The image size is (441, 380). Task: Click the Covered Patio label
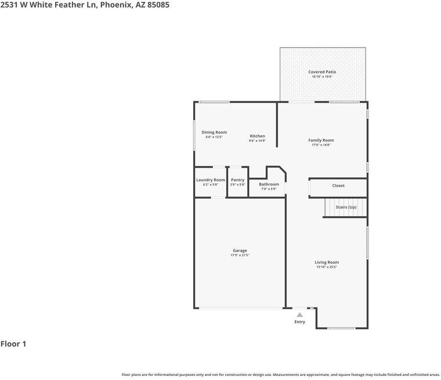[x=322, y=72]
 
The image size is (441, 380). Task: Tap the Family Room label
[x=321, y=140]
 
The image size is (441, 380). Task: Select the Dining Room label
[x=214, y=132]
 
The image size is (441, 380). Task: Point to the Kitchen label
[x=257, y=136]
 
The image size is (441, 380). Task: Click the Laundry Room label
[x=210, y=180]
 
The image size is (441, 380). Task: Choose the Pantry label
[x=237, y=180]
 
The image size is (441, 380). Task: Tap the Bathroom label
[x=269, y=184]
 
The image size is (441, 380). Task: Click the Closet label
[x=338, y=186]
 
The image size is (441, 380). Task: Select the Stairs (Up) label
[x=346, y=207]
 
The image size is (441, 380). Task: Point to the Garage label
[x=240, y=250]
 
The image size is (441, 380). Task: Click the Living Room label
[x=327, y=263]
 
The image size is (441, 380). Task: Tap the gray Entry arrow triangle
[x=299, y=314]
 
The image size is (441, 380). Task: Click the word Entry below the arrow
[x=299, y=322]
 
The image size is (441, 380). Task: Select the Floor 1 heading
[x=13, y=344]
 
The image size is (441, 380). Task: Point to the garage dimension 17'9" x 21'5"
[x=240, y=255]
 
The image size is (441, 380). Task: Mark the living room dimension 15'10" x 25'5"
[x=327, y=267]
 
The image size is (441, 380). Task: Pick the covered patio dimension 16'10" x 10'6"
[x=322, y=77]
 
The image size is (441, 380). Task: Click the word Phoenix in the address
[x=117, y=5]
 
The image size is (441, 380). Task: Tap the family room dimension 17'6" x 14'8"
[x=321, y=145]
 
